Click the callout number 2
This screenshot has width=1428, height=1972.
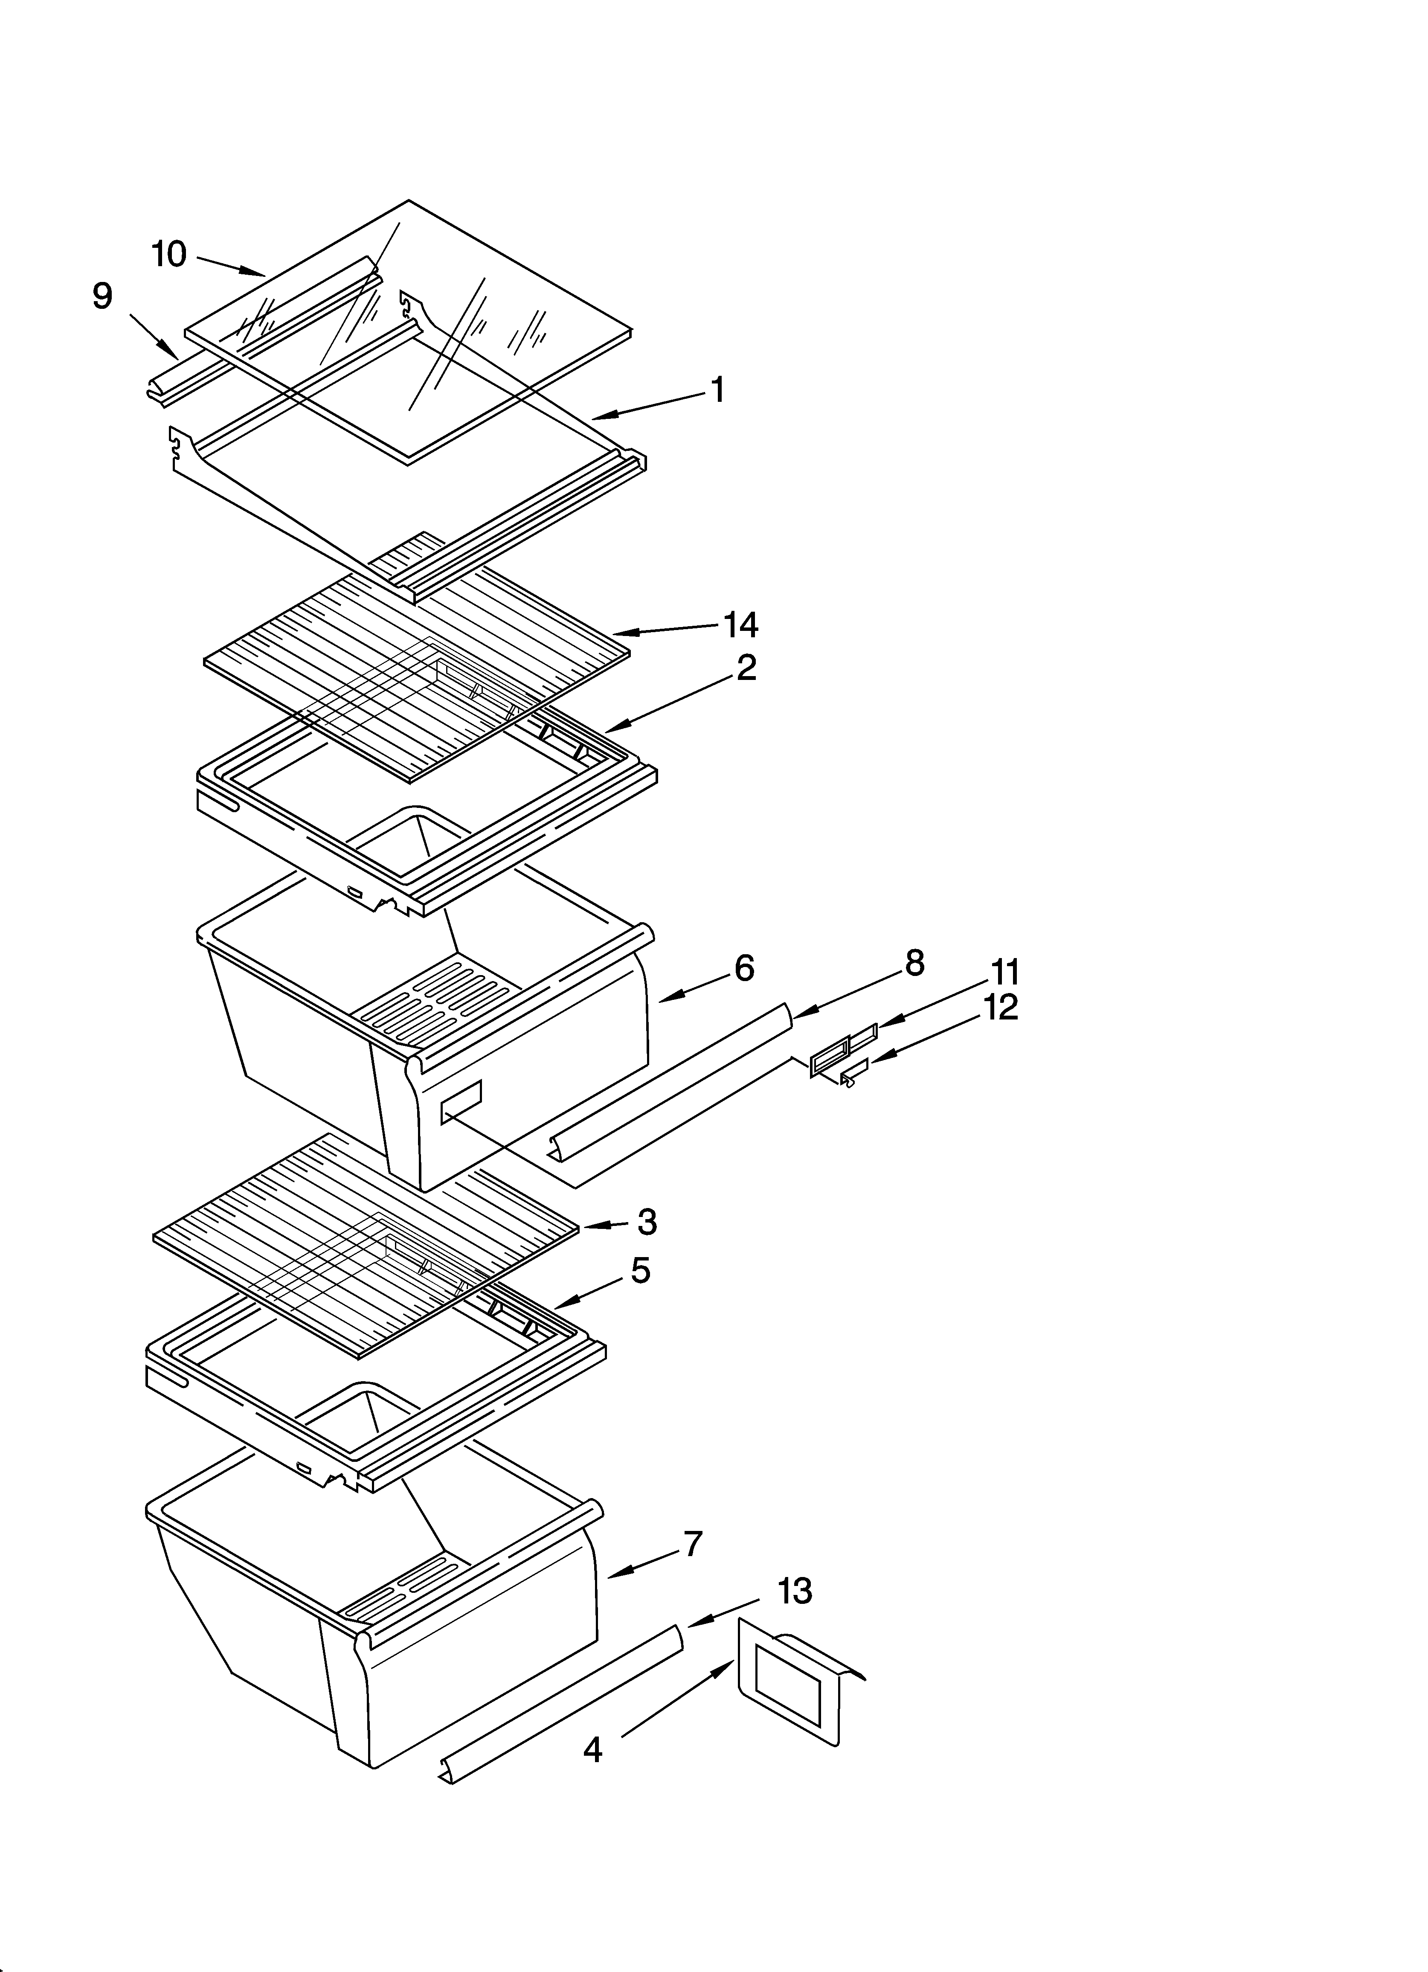point(745,668)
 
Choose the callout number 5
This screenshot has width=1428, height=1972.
point(640,1271)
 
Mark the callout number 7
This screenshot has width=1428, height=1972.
point(692,1544)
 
